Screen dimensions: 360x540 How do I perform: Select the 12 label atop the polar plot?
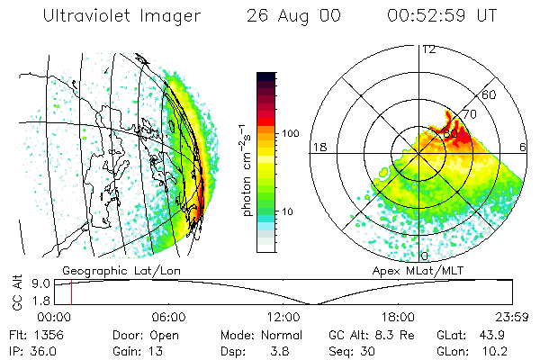click(429, 49)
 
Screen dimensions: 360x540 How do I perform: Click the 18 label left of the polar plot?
click(319, 147)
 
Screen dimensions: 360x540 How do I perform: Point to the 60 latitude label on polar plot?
click(490, 94)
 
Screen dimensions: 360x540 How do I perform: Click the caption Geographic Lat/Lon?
click(111, 270)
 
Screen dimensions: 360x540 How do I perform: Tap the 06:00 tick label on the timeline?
click(168, 317)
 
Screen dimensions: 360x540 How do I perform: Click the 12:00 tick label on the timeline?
click(283, 317)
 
